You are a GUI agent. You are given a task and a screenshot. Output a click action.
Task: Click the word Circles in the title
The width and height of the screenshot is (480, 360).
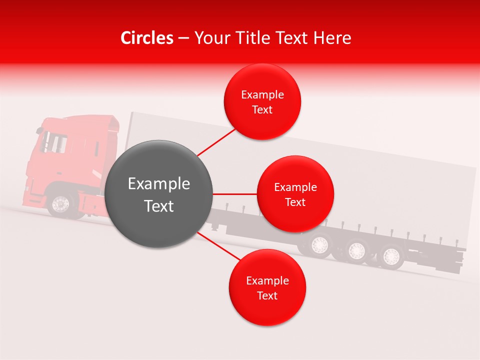click(x=147, y=38)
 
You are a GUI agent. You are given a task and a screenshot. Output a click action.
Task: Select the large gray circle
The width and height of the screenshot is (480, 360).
click(x=159, y=194)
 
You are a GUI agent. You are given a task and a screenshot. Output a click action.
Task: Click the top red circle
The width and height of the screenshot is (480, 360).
click(x=262, y=101)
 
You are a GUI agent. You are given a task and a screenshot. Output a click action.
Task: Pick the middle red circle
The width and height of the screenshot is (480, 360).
click(x=295, y=194)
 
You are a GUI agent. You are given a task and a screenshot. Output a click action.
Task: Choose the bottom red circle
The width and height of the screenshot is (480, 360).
click(x=267, y=287)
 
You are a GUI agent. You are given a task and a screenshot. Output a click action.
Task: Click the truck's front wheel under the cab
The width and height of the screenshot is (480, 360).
click(x=61, y=204)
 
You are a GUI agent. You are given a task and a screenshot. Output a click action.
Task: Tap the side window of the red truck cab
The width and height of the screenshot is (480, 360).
click(x=54, y=142)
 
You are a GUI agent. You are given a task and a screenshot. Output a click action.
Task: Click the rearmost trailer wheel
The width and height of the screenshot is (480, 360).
click(x=390, y=256)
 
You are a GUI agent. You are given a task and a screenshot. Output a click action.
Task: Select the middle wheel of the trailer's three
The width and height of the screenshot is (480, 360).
click(x=355, y=250)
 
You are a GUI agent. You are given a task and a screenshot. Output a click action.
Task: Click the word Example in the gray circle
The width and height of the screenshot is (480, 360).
click(x=159, y=184)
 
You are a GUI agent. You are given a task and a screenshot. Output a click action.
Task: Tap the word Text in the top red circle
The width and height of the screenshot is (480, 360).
click(x=262, y=109)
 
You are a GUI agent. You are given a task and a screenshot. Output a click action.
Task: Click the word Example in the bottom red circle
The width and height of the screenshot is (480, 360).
click(x=267, y=280)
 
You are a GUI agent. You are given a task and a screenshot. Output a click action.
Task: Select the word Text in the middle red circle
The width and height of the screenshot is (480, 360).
click(x=295, y=202)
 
